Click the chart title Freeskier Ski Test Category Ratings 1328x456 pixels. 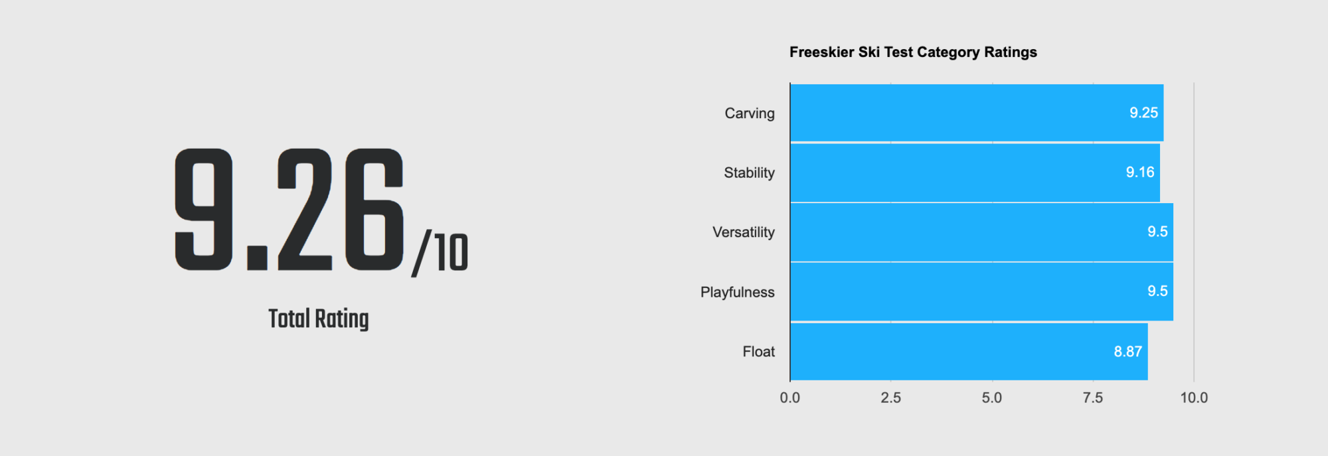tap(913, 52)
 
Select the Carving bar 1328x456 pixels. tap(977, 113)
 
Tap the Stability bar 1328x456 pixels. tap(975, 173)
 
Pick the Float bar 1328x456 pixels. tap(969, 352)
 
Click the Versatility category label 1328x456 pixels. tap(744, 232)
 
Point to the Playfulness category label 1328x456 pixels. tap(738, 292)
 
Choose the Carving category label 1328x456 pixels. tap(750, 114)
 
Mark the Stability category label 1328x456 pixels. tap(750, 173)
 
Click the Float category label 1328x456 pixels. tap(759, 352)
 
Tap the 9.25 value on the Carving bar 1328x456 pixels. tap(1144, 113)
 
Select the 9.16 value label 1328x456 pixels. tap(1140, 172)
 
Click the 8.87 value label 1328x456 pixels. tap(1128, 352)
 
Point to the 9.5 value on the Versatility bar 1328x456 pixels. tap(1157, 232)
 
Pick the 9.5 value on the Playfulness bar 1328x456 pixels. tap(1157, 291)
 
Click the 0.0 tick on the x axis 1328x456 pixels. tap(790, 398)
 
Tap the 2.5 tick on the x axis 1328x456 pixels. tap(891, 398)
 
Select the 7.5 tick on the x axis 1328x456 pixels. tap(1093, 398)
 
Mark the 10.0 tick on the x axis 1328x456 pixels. tap(1194, 398)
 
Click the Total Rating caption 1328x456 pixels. tap(319, 319)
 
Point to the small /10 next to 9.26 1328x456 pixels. tap(440, 253)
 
